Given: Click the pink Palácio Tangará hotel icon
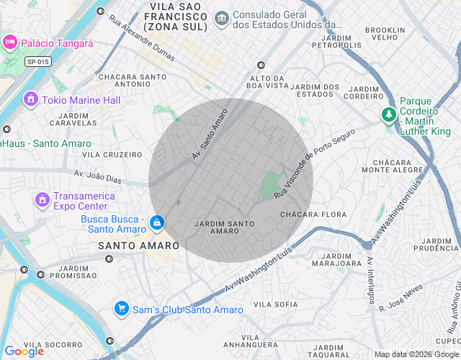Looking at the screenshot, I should [10, 42].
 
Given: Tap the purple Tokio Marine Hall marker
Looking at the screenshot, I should [30, 99].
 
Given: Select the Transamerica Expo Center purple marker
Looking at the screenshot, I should [42, 198].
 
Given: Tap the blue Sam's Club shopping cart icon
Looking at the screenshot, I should [122, 309].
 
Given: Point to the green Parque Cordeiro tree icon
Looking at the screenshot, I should [389, 114].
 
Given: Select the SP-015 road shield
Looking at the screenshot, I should [38, 62].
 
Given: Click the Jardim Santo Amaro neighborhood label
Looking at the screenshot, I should [225, 227].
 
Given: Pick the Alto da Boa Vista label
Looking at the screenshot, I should [267, 81].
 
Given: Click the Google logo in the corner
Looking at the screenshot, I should [24, 351].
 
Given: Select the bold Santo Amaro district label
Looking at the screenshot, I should [138, 246].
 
